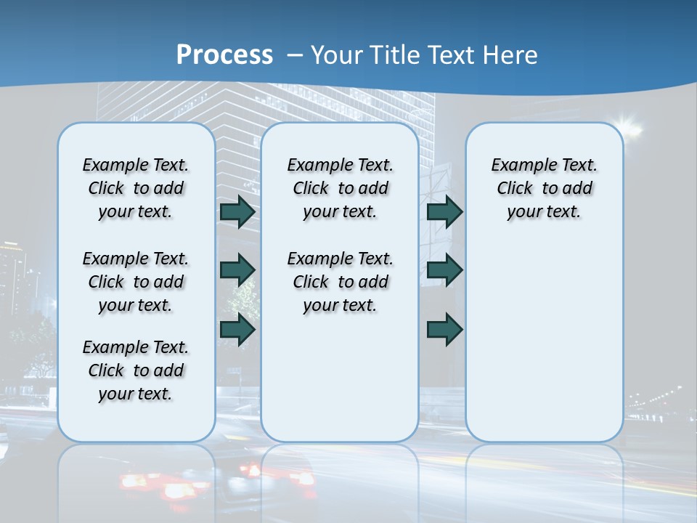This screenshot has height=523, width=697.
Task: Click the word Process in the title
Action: click(224, 55)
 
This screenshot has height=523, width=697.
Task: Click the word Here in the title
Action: click(511, 55)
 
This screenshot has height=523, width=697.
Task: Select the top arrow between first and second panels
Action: click(237, 212)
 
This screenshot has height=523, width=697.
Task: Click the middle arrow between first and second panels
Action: click(237, 270)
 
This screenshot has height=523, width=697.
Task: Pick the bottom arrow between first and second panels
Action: click(237, 329)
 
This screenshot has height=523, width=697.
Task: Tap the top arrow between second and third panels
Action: click(444, 212)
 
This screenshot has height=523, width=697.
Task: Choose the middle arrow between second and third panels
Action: click(444, 270)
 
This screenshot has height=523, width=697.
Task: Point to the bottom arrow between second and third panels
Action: click(444, 329)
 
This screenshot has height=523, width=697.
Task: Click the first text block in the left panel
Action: click(136, 188)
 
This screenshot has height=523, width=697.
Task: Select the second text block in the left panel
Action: click(136, 282)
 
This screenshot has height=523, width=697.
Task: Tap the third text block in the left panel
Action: click(136, 370)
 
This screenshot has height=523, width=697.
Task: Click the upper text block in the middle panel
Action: click(340, 188)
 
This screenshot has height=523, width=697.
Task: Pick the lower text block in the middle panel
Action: click(340, 282)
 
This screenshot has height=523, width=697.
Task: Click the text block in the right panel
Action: click(545, 188)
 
